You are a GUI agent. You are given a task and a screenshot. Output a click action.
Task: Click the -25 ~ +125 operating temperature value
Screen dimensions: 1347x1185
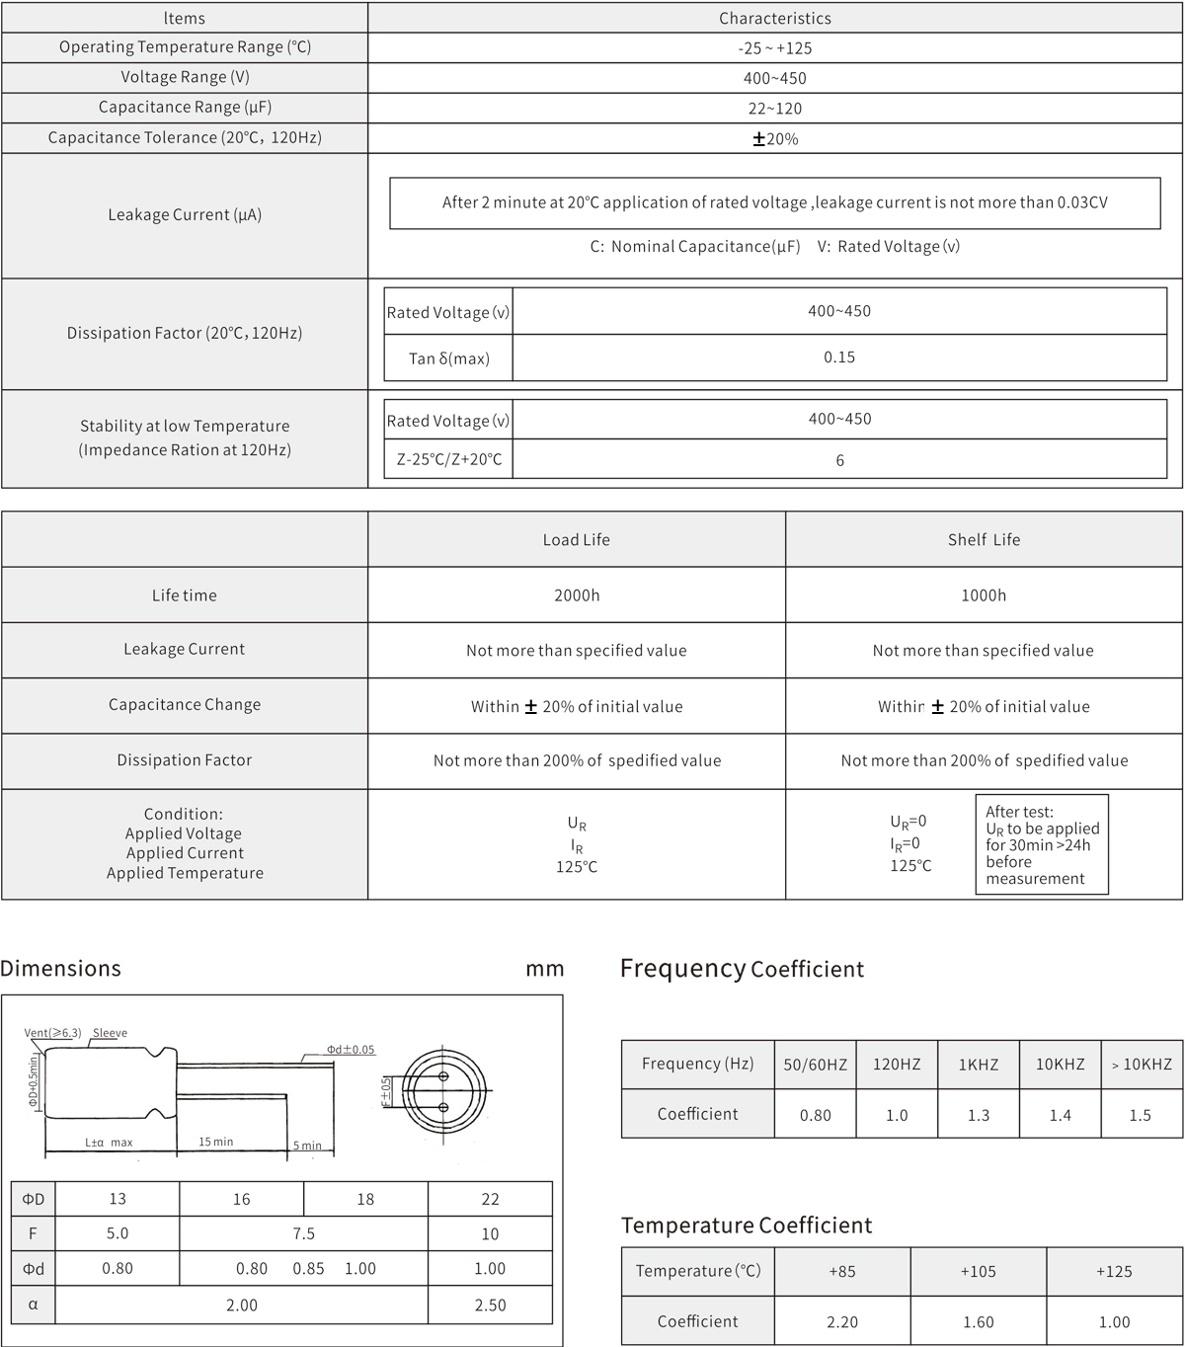point(774,47)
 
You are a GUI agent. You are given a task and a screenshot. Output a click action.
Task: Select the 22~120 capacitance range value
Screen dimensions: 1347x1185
point(774,109)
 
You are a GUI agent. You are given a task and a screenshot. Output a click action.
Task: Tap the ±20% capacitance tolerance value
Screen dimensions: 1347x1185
point(775,139)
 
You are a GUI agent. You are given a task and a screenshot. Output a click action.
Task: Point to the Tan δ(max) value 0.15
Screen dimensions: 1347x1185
point(839,357)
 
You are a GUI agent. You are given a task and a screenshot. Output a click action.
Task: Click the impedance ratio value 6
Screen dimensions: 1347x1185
point(839,460)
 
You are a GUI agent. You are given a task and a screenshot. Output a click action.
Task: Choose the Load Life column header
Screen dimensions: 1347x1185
point(577,539)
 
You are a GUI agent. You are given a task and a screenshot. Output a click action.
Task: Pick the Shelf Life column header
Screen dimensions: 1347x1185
point(984,539)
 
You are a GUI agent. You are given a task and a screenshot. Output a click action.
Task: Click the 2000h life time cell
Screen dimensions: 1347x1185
point(577,595)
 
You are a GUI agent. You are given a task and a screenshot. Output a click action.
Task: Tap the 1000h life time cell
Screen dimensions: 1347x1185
point(984,595)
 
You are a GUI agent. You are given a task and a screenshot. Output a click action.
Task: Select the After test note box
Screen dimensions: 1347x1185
point(1041,845)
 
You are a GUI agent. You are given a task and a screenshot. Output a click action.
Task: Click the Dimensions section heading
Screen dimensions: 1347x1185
point(61,969)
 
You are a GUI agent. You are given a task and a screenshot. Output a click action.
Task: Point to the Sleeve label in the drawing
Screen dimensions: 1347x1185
point(110,1033)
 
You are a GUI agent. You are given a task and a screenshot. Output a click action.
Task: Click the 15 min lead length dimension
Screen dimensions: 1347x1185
point(216,1142)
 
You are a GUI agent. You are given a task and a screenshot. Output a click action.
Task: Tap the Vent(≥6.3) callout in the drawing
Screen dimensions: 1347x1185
point(52,1033)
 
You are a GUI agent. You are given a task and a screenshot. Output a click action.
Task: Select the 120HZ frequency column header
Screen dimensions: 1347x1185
point(897,1064)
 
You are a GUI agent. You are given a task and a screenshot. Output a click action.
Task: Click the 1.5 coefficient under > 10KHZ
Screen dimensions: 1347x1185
point(1141,1115)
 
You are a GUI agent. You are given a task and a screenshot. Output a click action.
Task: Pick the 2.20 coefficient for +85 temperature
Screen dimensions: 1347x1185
point(842,1322)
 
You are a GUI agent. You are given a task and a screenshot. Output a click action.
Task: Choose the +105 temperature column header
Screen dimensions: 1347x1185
point(978,1271)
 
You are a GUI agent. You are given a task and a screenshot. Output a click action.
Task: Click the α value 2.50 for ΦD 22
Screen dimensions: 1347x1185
point(490,1306)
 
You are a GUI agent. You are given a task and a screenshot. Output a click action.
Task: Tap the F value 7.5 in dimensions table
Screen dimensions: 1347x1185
point(303,1233)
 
